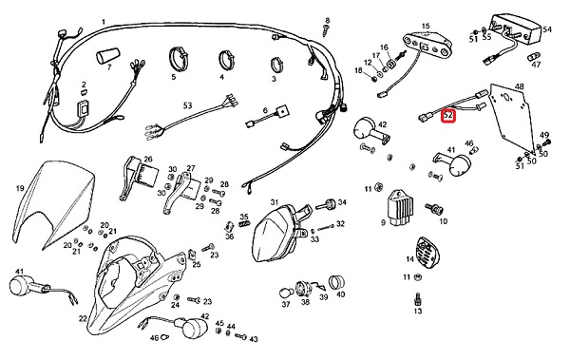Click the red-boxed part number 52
point(448,116)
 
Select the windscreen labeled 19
point(54,203)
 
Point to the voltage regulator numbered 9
point(400,207)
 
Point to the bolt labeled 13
point(418,299)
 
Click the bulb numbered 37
point(285,293)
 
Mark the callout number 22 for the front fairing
point(83,318)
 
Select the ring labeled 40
point(336,282)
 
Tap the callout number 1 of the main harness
point(104,22)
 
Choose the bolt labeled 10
point(435,209)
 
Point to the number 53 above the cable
point(187,105)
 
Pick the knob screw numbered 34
point(326,204)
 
